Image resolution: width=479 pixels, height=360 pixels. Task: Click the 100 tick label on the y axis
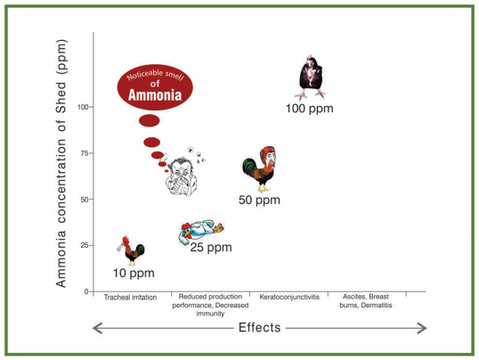tap(83, 107)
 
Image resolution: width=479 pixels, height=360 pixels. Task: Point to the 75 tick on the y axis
tap(85, 153)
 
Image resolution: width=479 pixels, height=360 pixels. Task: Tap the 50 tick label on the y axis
tap(85, 200)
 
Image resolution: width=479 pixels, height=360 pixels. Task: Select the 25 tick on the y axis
tap(85, 245)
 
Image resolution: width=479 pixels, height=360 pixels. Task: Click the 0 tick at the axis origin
tap(86, 291)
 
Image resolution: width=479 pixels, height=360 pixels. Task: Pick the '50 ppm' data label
tap(259, 200)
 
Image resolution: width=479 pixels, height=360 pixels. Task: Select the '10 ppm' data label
tap(133, 272)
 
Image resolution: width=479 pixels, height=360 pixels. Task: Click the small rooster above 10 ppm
tap(132, 250)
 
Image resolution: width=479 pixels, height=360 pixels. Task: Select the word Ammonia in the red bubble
tap(155, 94)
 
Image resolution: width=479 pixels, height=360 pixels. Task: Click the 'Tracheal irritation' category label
tap(131, 298)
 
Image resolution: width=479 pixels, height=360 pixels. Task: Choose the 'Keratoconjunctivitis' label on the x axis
tap(290, 298)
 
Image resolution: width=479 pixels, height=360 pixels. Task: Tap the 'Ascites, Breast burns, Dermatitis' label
tap(366, 302)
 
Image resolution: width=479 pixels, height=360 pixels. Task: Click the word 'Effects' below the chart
tap(259, 328)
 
